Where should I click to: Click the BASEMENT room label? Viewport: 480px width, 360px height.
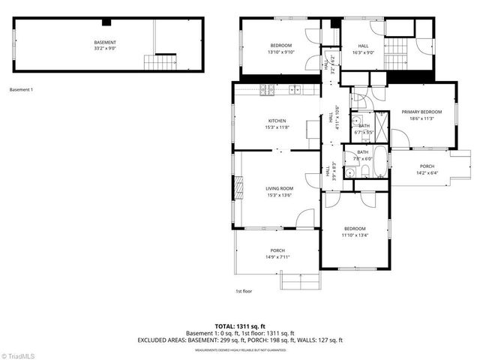click(x=104, y=42)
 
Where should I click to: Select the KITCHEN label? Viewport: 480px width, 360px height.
click(x=277, y=121)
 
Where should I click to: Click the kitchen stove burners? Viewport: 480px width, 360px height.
click(x=267, y=91)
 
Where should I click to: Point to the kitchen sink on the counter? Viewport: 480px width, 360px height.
click(x=295, y=91)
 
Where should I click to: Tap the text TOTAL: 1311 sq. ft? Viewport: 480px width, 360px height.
click(x=239, y=326)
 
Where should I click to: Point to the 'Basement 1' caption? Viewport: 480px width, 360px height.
click(x=21, y=89)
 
